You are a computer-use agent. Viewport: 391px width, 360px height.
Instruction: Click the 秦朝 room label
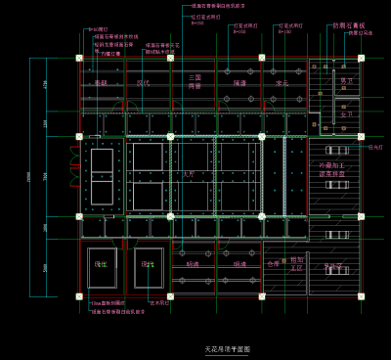pos(100,84)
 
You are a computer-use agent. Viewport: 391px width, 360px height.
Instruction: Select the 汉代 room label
pos(143,84)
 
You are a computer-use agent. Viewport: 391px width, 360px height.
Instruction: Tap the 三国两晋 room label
pos(195,81)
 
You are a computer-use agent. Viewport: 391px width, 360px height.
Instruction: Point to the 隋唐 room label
pos(239,84)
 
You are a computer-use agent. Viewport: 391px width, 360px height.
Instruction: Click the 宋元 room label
pos(282,84)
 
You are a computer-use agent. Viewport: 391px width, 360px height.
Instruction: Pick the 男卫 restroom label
pos(347,81)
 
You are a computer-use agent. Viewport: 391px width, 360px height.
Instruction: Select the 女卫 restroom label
pos(346,114)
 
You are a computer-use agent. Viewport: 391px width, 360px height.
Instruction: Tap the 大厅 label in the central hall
pos(189,173)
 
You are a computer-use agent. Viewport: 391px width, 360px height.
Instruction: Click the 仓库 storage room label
pos(273,263)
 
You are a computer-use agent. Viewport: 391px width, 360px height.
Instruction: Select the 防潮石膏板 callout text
pos(349,25)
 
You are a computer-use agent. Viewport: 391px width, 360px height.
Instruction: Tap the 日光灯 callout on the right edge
pos(376,148)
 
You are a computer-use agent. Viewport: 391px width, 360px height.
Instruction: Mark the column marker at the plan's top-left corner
pos(79,59)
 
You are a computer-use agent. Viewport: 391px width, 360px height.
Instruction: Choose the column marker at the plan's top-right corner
pos(361,59)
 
